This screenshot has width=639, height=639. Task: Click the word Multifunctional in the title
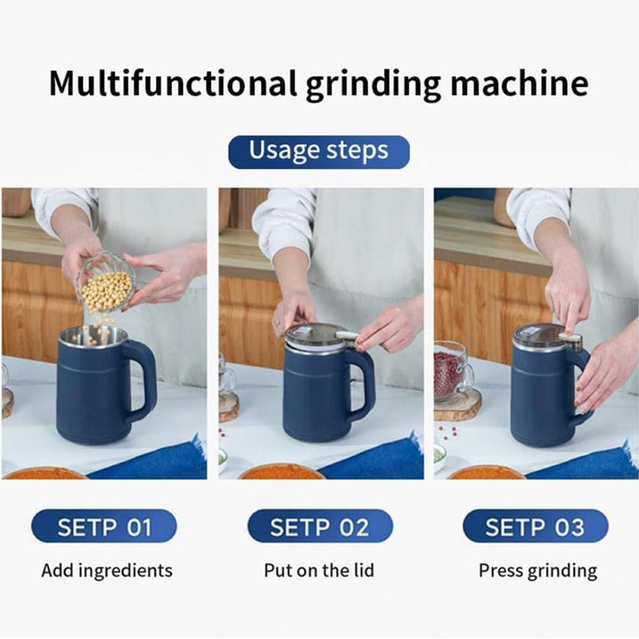point(172,84)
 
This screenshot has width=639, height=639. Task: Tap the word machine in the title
point(519,84)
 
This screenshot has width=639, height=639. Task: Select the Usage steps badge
point(318,151)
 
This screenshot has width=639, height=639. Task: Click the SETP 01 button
point(104,527)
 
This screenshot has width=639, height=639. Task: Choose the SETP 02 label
point(319,527)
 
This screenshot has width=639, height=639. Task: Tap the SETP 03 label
point(535,527)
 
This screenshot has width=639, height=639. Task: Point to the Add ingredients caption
point(106,571)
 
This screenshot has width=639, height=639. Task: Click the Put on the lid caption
point(319,571)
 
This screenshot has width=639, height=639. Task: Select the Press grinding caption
point(537,571)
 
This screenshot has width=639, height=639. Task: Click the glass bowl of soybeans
point(106,287)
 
